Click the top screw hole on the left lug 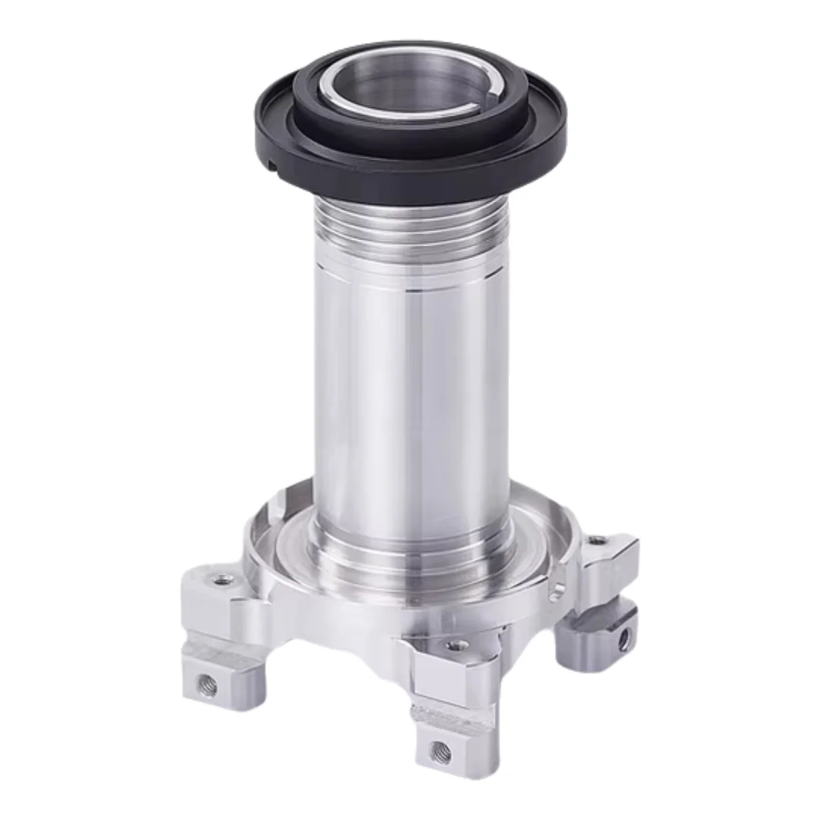pos(220,579)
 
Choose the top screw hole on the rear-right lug pos(601,540)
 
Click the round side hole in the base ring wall pos(559,588)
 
